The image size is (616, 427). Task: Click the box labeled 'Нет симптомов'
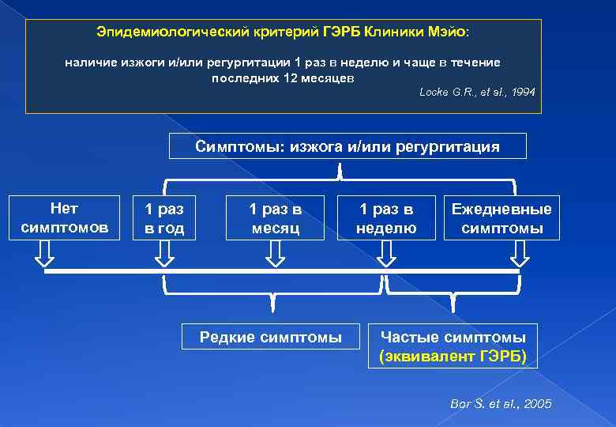[x=64, y=218]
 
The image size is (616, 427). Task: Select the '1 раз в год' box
[x=164, y=218]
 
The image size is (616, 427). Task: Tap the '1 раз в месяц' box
[x=275, y=218]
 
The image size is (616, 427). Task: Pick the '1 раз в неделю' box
[x=386, y=218]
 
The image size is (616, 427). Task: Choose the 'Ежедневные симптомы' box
[x=501, y=218]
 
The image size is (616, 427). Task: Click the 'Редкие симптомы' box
[x=271, y=338]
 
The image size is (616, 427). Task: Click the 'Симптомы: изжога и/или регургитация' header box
[x=347, y=147]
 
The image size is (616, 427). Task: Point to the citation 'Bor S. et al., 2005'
[x=501, y=404]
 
